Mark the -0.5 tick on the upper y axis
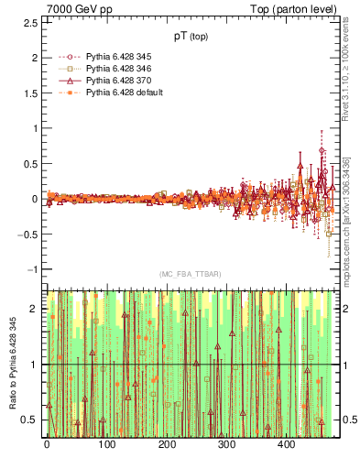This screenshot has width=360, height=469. (x=29, y=234)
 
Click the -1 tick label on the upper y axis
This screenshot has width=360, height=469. (x=33, y=269)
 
